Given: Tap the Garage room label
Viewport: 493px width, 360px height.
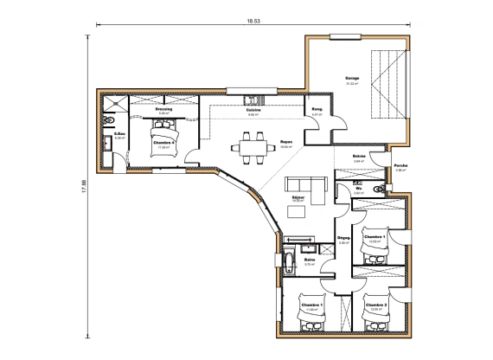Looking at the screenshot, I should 353,77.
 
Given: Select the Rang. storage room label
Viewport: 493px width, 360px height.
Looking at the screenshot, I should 317,109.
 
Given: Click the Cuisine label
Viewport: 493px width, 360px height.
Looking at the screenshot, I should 254,110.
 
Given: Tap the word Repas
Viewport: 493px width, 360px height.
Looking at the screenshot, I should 285,142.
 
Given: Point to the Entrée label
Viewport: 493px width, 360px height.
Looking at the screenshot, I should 361,156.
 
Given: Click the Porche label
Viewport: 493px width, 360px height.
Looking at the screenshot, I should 400,165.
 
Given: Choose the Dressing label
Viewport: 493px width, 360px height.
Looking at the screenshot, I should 163,110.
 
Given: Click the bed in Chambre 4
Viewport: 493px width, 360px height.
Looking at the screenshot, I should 163,136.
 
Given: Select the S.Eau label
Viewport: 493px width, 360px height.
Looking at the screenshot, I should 120,133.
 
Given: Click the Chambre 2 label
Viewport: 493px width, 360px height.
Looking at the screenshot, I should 375,304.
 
